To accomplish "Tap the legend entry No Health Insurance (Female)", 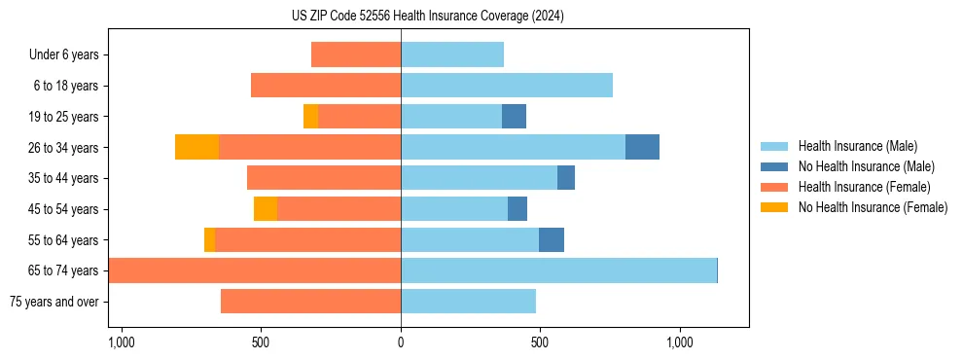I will [873, 207].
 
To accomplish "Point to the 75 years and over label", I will [53, 302].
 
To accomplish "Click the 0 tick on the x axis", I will [401, 342].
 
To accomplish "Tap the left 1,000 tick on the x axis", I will [122, 342].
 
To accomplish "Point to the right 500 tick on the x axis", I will [540, 342].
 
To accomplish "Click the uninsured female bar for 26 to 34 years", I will [196, 147].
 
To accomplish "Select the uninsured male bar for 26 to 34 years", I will [642, 147].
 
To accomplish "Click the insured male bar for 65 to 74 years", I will [558, 270].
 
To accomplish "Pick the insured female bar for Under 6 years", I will [356, 54].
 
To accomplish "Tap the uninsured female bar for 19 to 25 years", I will [310, 117].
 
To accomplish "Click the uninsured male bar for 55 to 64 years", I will [552, 239].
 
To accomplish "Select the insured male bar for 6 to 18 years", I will [507, 86].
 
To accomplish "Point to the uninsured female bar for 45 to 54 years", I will [266, 209].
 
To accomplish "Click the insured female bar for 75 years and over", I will [310, 302].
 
